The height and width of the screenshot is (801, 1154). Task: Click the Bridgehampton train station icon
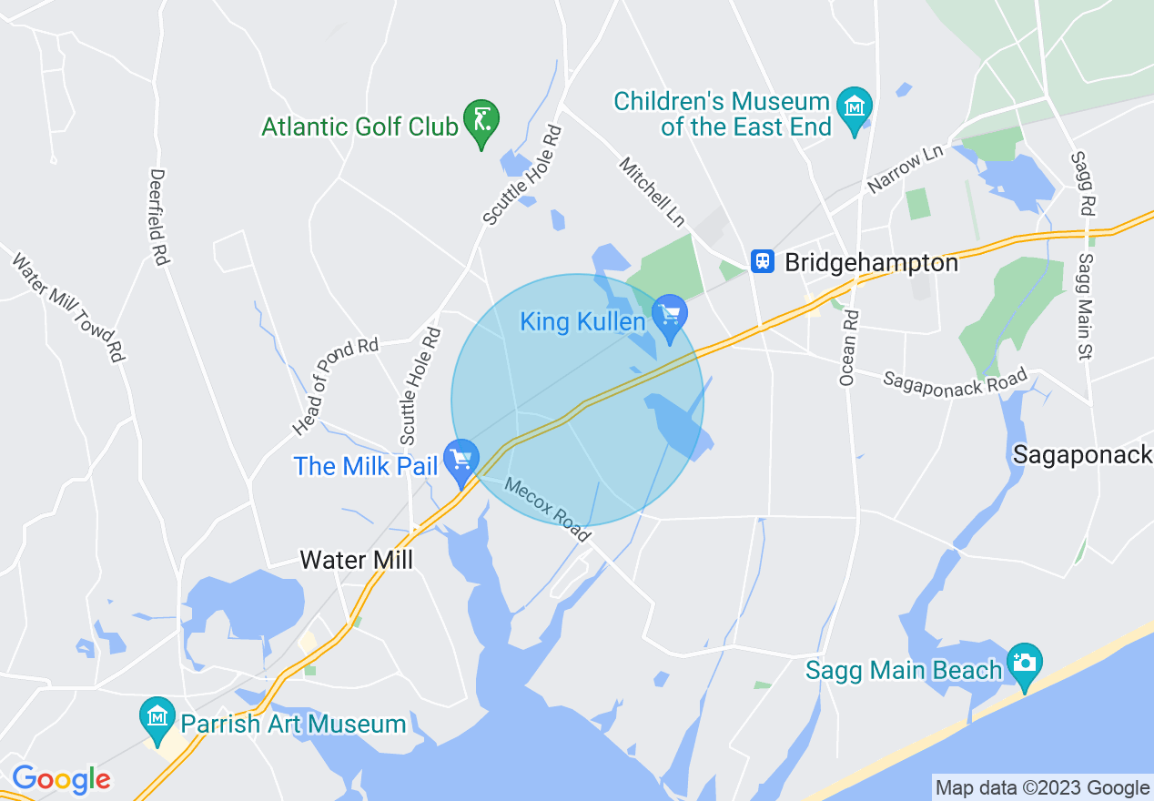(x=762, y=262)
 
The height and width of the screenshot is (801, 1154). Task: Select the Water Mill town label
(x=357, y=559)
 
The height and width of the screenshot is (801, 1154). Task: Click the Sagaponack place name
(x=1082, y=454)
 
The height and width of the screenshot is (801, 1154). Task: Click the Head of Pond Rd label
(x=336, y=386)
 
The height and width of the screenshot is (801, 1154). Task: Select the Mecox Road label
(x=548, y=511)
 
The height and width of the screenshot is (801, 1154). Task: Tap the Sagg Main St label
(x=1085, y=306)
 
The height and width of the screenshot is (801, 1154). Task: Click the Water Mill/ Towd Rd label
(x=67, y=308)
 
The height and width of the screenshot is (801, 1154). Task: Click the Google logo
(x=61, y=778)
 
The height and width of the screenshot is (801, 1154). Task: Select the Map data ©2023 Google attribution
(x=1043, y=788)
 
